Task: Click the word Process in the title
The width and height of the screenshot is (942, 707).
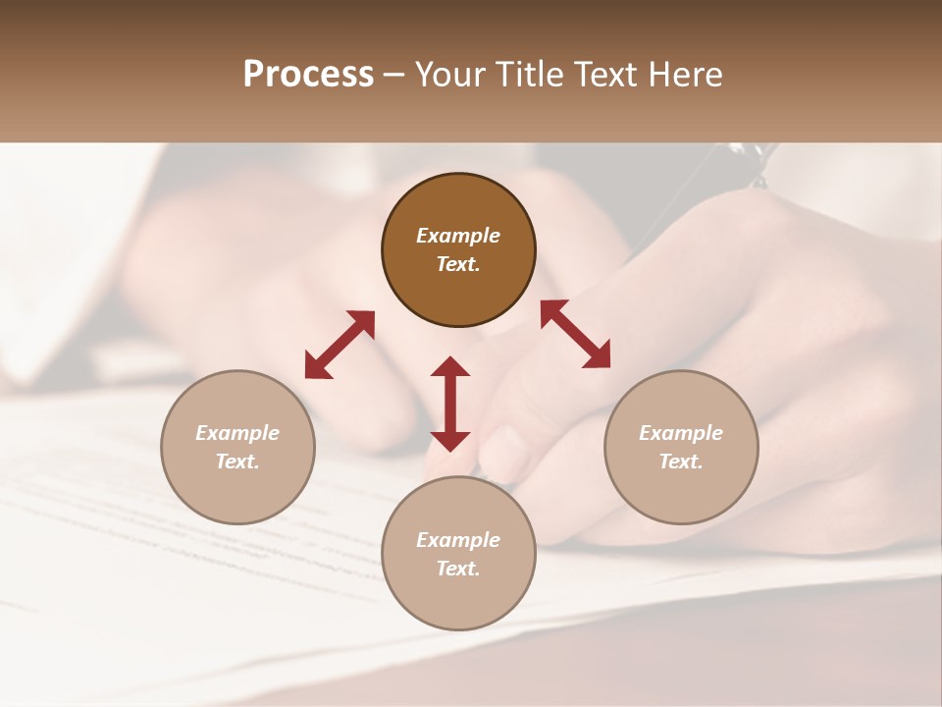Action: coord(308,75)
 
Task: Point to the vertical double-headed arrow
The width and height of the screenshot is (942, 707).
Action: coord(450,404)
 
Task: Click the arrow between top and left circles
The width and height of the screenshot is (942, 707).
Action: coord(340,345)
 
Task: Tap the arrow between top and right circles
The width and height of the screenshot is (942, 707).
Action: coord(575,334)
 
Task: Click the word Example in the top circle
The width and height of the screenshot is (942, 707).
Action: coord(458,236)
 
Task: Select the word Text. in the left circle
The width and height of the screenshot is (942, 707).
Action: coord(237,462)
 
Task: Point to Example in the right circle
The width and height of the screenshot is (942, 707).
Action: coord(681,433)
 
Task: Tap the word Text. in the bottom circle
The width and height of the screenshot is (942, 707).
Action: coord(458,569)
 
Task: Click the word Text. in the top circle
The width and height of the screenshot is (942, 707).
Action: coord(458,264)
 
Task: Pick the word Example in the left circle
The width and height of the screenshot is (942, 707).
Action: coord(237,433)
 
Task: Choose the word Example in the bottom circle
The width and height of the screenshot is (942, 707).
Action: coord(458,540)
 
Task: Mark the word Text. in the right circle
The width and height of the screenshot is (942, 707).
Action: coord(681,462)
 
